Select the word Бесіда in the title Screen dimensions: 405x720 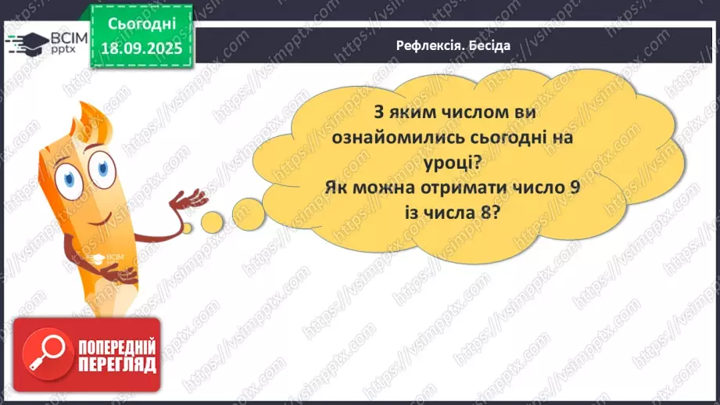489,45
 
